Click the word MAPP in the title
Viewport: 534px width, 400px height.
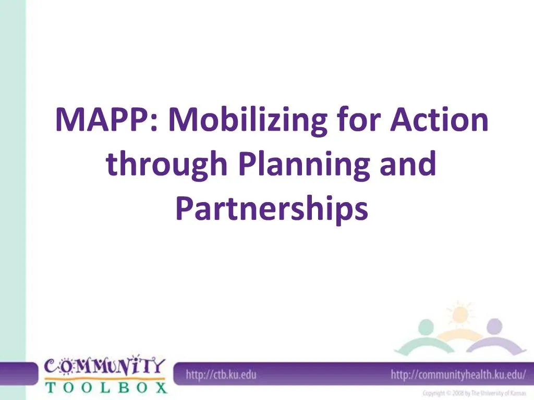coord(101,120)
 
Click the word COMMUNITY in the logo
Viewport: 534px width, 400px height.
coord(104,366)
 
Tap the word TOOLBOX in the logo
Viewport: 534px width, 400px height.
coord(105,387)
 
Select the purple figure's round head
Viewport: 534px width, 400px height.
coord(493,326)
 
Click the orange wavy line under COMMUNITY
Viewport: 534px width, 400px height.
coord(104,378)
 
